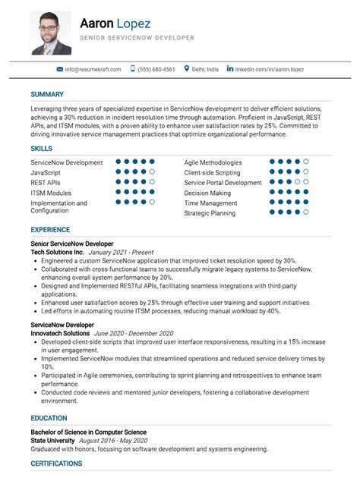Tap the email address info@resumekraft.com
point(93,69)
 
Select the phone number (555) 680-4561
point(157,69)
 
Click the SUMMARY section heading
point(47,94)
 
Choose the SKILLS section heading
point(42,148)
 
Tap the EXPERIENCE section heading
point(50,229)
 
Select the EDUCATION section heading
point(49,418)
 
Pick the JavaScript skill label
point(46,172)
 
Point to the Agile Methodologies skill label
point(213,162)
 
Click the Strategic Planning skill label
point(210,213)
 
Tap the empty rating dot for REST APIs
point(152,182)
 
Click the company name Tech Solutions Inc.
point(57,251)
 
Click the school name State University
point(54,440)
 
